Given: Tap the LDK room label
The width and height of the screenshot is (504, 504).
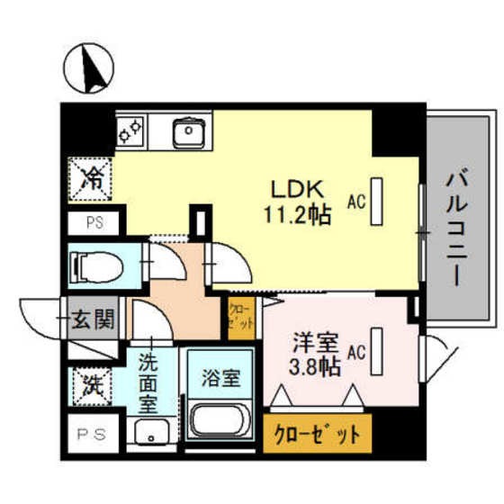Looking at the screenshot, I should (x=292, y=191).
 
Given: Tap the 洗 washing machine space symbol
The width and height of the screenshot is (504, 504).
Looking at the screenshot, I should (x=92, y=387).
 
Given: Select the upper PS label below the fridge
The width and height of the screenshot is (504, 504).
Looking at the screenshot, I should (x=93, y=223).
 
